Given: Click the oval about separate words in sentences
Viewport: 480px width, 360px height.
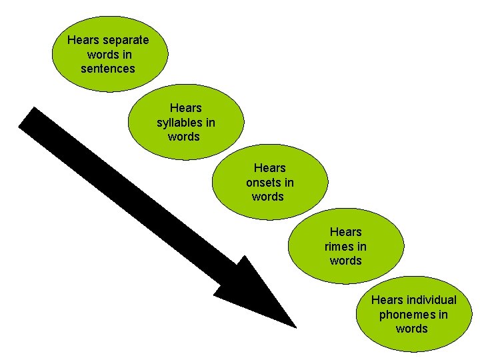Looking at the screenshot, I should point(111,54).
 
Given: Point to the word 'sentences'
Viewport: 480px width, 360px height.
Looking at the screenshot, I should point(108,69).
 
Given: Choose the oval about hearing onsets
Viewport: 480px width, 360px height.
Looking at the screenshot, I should point(271,182).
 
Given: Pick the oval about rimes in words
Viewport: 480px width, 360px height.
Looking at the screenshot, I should point(346,246).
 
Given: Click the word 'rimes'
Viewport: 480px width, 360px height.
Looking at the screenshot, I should point(339,246).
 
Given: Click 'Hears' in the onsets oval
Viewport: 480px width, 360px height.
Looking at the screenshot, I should point(269,168).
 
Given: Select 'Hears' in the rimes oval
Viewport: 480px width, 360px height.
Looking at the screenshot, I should point(346,232).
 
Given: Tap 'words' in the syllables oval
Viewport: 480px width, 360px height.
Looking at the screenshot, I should point(184,137).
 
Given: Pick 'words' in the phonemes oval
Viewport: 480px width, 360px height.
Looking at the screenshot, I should point(412,329).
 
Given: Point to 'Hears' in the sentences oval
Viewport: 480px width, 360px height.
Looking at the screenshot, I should point(82,40).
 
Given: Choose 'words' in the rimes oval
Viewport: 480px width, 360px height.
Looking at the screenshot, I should point(346,261).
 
